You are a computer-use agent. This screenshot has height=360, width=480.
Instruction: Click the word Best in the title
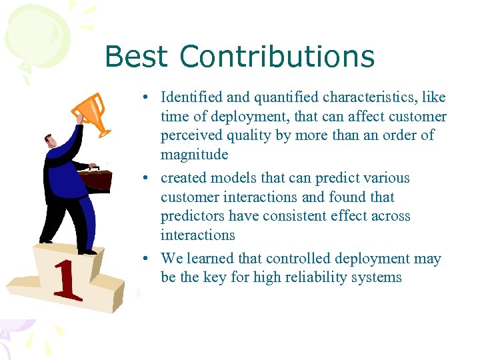[x=137, y=57]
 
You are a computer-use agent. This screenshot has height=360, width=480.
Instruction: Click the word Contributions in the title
[x=277, y=57]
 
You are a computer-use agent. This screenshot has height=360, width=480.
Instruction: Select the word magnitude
[x=194, y=155]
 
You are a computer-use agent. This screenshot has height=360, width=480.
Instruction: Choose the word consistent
[x=283, y=216]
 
